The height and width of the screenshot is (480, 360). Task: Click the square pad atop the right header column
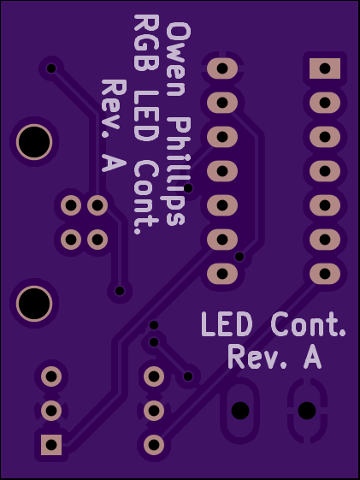click(325, 68)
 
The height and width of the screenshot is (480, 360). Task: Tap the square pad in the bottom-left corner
click(51, 444)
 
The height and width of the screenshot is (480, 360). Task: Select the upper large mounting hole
click(34, 142)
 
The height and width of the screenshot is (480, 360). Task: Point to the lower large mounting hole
click(34, 304)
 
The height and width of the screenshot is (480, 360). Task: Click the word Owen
click(179, 59)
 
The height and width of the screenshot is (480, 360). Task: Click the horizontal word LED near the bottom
click(227, 324)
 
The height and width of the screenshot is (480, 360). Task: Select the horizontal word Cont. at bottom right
click(309, 324)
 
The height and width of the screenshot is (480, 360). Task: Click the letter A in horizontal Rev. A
click(313, 357)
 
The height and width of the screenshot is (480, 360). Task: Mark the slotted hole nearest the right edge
click(307, 411)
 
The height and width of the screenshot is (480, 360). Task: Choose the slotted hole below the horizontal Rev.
click(240, 411)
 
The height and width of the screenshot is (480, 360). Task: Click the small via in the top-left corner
click(51, 68)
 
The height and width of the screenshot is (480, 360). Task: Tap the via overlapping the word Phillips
click(188, 188)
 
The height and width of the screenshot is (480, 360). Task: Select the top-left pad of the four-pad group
click(71, 205)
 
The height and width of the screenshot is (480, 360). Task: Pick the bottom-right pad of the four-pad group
click(97, 239)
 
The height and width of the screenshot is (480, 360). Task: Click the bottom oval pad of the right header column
click(325, 273)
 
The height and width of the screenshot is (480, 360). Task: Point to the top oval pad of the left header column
click(222, 68)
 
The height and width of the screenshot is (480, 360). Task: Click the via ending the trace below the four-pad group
click(120, 291)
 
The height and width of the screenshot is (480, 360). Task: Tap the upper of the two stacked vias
click(154, 325)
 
